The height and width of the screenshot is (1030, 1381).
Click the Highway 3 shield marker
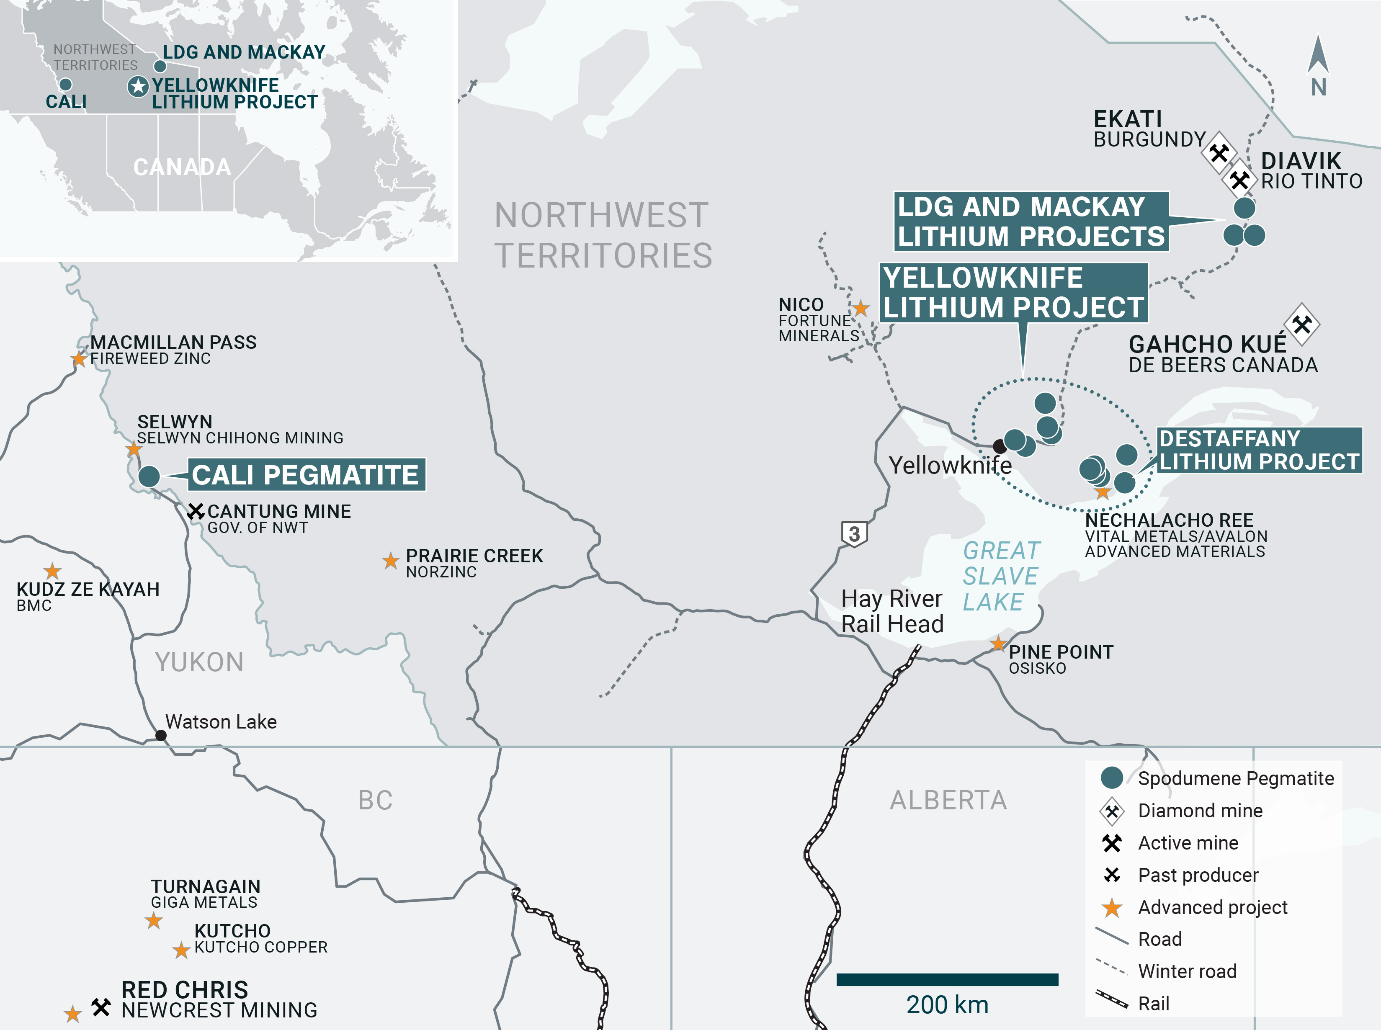click(854, 534)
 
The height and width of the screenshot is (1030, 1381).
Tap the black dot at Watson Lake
click(161, 735)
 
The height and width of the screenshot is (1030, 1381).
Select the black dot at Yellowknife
click(1000, 446)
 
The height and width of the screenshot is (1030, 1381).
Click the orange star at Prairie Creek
click(390, 561)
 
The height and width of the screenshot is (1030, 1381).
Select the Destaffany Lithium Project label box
click(1259, 450)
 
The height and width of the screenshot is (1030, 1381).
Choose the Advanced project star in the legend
click(1112, 908)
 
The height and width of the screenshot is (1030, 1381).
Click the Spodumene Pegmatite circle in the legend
click(1112, 778)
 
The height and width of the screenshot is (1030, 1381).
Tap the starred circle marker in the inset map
click(138, 87)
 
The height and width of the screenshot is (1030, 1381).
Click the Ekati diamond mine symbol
click(1219, 153)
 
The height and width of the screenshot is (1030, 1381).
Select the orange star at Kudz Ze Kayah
click(52, 571)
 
